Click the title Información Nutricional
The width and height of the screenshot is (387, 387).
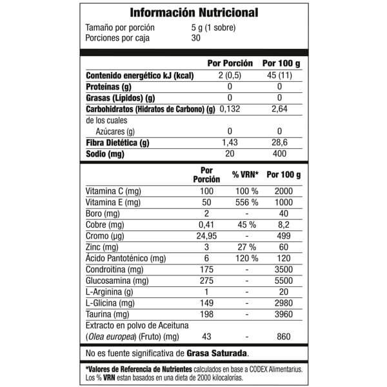[x=193, y=13]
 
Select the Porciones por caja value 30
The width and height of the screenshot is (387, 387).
[x=196, y=37]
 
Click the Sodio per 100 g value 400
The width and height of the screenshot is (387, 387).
[x=279, y=155]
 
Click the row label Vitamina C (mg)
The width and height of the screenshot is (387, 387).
[x=114, y=192]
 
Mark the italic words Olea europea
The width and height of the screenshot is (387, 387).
[x=109, y=337]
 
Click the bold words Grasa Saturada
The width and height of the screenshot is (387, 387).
[x=217, y=354]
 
